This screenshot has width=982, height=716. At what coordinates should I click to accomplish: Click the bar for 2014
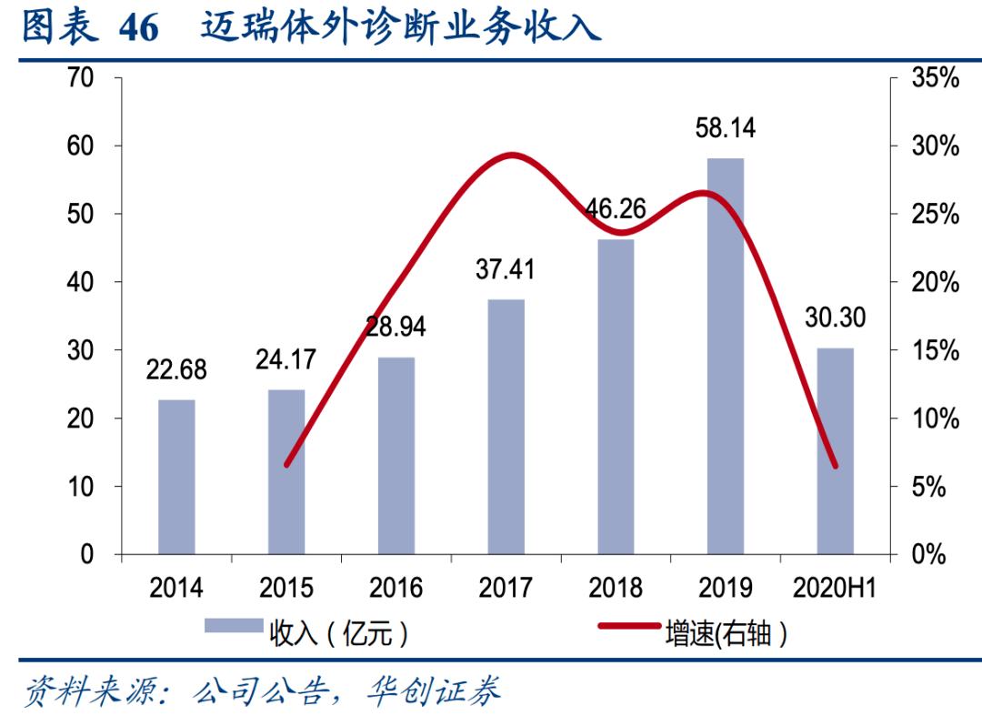176,477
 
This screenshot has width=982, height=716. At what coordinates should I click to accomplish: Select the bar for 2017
506,427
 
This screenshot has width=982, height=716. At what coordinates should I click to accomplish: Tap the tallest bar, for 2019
726,357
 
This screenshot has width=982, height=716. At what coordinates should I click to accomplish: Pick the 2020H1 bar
836,451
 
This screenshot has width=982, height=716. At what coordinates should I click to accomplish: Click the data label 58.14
726,127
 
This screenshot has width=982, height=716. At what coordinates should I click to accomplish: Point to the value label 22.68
176,369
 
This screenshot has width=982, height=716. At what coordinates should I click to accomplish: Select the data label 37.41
505,269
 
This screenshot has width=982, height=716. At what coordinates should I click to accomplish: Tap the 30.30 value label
836,318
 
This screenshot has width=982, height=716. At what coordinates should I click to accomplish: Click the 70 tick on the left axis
80,77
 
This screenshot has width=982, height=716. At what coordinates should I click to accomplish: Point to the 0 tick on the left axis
86,554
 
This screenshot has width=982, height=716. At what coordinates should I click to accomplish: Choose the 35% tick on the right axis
935,77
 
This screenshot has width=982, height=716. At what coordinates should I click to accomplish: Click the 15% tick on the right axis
935,350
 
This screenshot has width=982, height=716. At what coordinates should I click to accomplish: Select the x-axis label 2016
396,589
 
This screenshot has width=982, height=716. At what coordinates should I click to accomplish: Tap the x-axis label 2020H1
834,589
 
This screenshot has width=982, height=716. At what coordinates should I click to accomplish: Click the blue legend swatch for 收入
234,626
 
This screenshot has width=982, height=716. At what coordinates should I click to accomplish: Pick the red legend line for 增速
629,626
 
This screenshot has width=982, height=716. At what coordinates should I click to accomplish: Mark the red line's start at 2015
286,466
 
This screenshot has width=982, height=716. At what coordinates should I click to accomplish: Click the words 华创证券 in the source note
434,691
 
